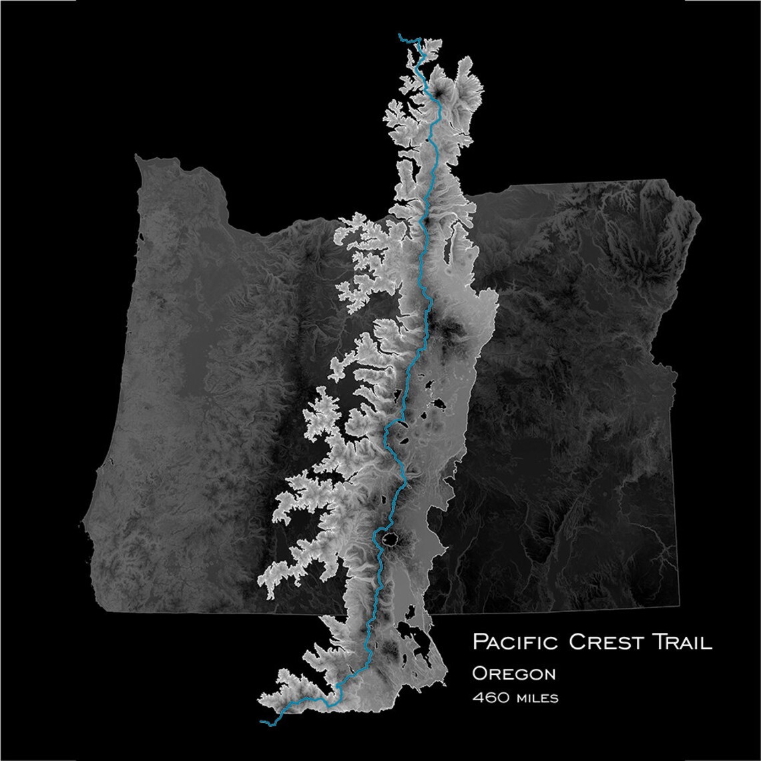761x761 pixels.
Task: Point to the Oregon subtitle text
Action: tap(513, 673)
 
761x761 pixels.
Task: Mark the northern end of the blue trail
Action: tap(399, 34)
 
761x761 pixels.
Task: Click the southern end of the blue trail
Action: tap(261, 721)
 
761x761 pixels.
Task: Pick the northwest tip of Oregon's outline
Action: tap(138, 158)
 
